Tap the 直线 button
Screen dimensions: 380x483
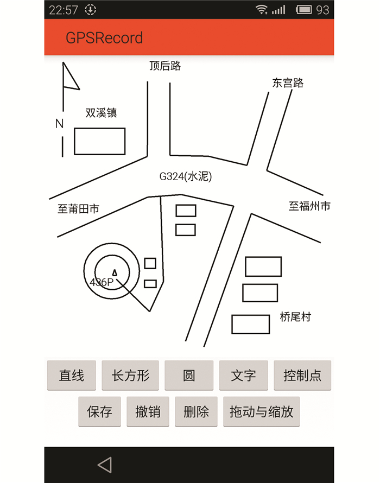click(x=72, y=376)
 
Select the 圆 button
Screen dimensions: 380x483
click(x=189, y=376)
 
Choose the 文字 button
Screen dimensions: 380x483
click(x=243, y=376)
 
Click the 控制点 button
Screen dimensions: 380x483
click(x=302, y=376)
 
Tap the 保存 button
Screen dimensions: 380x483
click(x=100, y=411)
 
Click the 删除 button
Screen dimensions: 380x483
click(x=196, y=411)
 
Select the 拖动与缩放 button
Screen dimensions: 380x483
click(x=261, y=411)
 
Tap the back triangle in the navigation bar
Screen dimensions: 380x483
click(x=105, y=465)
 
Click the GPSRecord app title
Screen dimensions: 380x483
click(x=104, y=37)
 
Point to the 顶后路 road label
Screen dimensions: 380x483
click(x=165, y=66)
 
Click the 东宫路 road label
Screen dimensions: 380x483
click(x=288, y=83)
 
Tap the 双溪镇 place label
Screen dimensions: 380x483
click(x=101, y=113)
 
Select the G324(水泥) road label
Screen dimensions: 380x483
click(x=185, y=176)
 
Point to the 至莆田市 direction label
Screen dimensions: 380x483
click(x=78, y=209)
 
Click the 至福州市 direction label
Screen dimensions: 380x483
click(x=309, y=206)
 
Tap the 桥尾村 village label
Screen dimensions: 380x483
click(x=295, y=317)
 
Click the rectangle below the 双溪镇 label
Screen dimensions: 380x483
click(x=100, y=141)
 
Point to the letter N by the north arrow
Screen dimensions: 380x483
click(x=60, y=124)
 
